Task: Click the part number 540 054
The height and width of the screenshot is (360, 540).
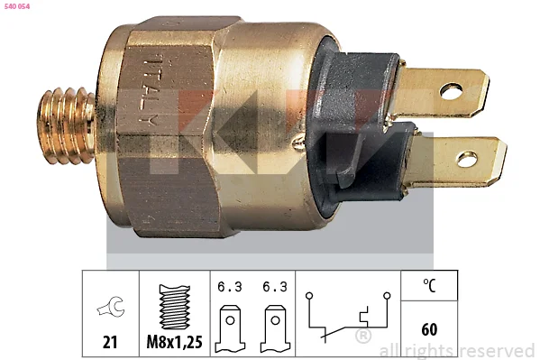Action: [x=17, y=6]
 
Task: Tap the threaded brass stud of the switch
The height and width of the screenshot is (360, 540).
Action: [x=67, y=125]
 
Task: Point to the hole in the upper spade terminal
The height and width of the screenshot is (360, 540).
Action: [x=451, y=91]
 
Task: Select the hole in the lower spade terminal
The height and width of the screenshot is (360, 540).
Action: [x=467, y=160]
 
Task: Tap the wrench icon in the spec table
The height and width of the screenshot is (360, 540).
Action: [x=111, y=306]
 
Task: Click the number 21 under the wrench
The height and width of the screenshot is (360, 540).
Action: [x=110, y=342]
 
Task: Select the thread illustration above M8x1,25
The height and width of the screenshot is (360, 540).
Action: [x=175, y=307]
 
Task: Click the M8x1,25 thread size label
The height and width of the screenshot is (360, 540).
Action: [x=174, y=342]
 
